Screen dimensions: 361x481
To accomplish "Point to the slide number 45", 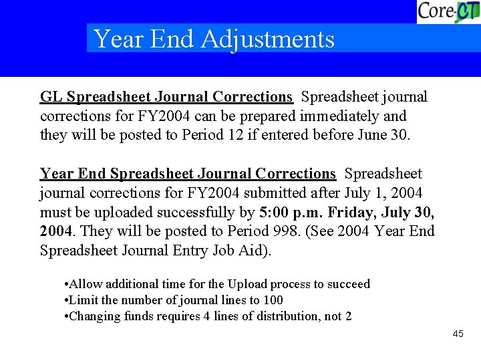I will coord(458,334).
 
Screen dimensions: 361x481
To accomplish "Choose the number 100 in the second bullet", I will coord(273,300).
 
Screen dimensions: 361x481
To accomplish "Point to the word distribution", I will coord(280,316).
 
